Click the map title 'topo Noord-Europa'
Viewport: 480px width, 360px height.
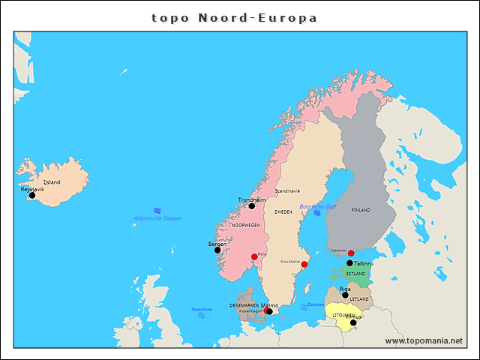coord(234,17)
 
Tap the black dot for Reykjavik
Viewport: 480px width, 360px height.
coord(32,196)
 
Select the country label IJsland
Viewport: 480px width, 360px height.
coord(52,182)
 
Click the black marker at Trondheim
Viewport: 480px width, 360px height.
coord(252,206)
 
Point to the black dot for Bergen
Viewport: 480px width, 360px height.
coord(217,250)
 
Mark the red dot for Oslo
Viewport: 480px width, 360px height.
coord(254,257)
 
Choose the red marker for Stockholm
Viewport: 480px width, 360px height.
coord(304,264)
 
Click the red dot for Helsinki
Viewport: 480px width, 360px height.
coord(351,253)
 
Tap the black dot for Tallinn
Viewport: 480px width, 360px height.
coord(349,263)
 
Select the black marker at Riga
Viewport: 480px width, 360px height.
coord(345,295)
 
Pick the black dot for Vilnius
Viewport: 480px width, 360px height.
coord(353,322)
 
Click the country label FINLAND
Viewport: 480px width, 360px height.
coord(361,211)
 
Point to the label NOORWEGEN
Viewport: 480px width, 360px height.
coord(246,225)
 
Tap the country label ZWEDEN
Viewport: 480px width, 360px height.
coord(283,212)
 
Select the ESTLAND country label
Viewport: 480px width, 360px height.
coord(356,274)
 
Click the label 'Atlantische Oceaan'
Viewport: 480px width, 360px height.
coord(157,218)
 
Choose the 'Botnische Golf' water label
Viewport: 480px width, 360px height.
coord(318,206)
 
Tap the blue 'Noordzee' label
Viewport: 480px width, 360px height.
coord(201,309)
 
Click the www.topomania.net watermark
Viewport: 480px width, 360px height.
coord(424,340)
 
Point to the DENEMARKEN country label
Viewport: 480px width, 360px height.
coord(244,305)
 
